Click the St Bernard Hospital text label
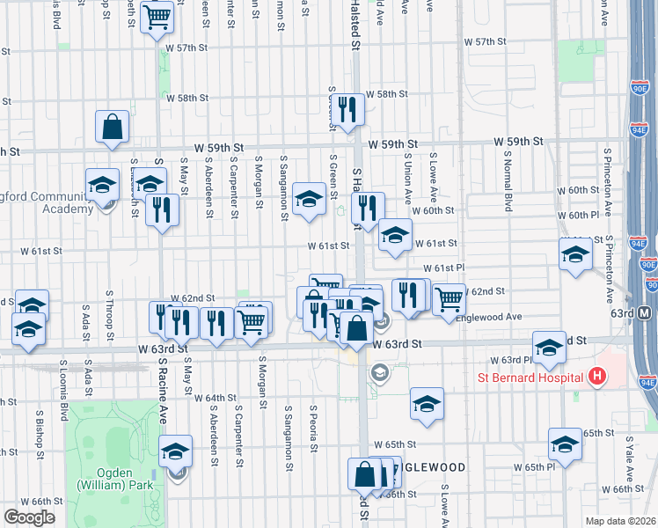click(531, 379)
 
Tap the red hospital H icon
click(598, 378)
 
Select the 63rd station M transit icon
click(646, 313)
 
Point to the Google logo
click(30, 517)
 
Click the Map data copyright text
click(621, 521)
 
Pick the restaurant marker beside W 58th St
click(350, 108)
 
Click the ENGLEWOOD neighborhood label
click(429, 466)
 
